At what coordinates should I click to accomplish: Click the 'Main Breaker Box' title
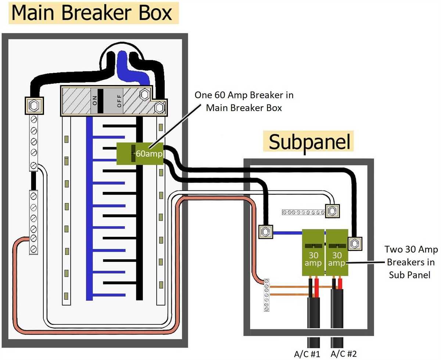point(92,13)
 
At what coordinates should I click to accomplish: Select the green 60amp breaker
point(140,153)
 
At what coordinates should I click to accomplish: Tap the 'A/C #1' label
point(307,354)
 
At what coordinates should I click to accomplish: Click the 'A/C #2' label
point(344,354)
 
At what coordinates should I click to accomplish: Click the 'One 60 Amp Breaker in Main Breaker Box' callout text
point(244,101)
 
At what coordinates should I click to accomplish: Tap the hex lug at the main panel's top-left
point(34,106)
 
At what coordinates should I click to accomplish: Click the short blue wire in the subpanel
point(287,232)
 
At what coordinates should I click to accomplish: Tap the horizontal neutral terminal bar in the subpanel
point(303,212)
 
